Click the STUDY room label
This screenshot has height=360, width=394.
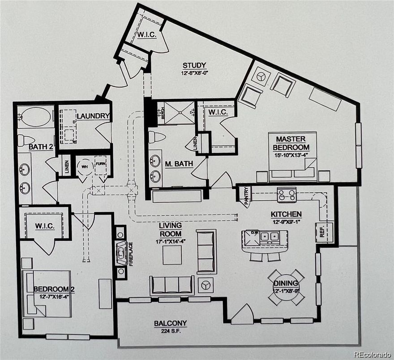194,65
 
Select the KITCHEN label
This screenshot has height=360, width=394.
286,214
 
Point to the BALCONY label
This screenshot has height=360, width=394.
170,323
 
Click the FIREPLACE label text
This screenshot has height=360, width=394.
131,254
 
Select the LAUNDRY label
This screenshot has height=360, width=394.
93,116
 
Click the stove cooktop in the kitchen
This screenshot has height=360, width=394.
287,194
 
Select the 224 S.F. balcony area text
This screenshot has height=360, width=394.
170,331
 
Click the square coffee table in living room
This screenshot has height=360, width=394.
172,255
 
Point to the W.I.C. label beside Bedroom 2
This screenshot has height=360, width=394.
45,226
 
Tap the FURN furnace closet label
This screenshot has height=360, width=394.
100,164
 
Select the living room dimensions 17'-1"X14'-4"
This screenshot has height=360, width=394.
170,242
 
